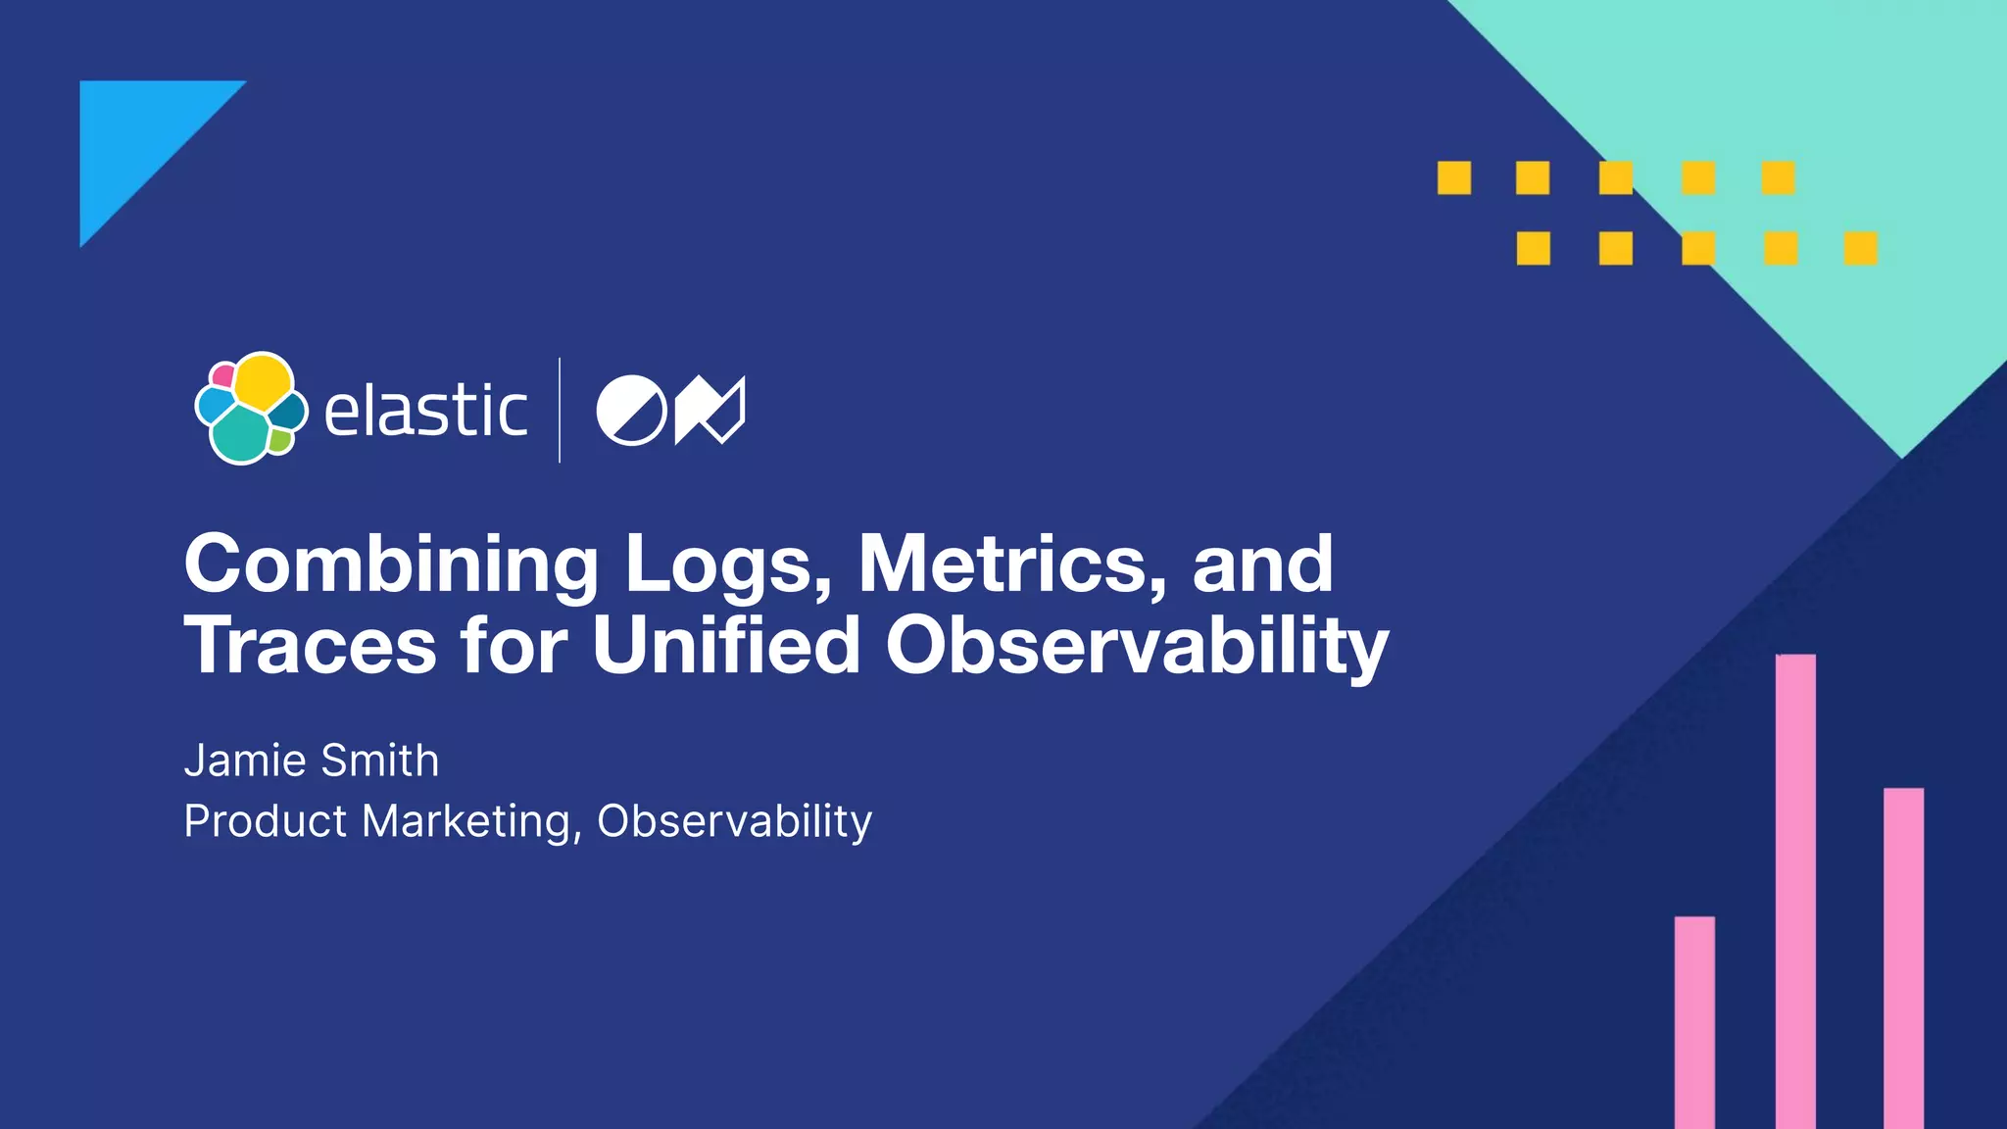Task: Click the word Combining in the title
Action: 390,565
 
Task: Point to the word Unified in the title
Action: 726,646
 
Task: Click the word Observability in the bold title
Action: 1137,648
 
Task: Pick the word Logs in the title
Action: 726,565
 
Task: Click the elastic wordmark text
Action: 425,411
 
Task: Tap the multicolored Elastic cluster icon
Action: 251,408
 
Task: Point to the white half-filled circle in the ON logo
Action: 631,410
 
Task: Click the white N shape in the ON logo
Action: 710,410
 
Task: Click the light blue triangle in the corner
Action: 137,137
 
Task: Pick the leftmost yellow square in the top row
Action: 1454,178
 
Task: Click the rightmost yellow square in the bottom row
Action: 1860,249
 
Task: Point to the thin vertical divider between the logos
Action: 560,410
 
